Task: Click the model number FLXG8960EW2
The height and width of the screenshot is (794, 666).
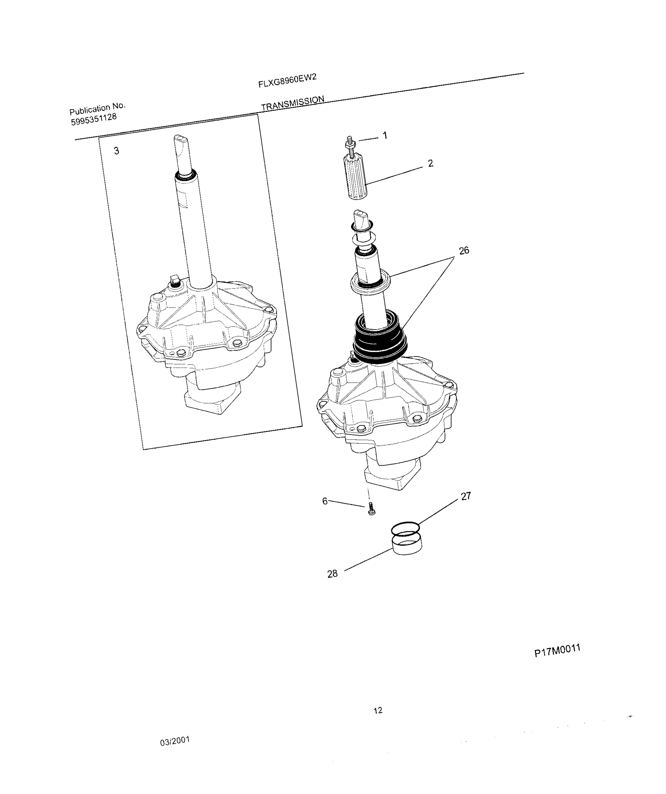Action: [287, 80]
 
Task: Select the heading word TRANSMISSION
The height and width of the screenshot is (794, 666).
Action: [292, 103]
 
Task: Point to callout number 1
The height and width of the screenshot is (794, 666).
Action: [385, 135]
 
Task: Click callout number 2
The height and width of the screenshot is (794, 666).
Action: [430, 163]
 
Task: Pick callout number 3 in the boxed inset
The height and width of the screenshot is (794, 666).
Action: [116, 151]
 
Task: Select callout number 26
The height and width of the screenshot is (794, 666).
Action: [464, 250]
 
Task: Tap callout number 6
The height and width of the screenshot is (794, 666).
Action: [325, 501]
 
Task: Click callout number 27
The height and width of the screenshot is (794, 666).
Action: [466, 496]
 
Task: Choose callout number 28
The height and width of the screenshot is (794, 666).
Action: [332, 574]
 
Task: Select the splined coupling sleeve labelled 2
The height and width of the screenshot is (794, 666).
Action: [356, 178]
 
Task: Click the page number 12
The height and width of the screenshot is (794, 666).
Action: [378, 710]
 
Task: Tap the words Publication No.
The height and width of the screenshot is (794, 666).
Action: [97, 109]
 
